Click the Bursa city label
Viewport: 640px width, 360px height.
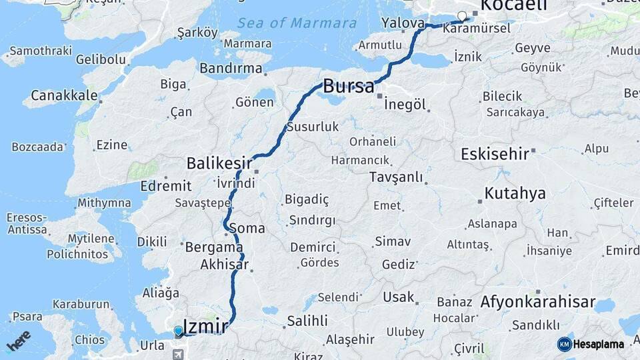(349, 86)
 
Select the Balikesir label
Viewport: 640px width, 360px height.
(219, 163)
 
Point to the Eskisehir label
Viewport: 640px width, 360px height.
(495, 154)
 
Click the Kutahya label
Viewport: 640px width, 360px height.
(515, 193)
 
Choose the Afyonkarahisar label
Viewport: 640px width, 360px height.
(538, 302)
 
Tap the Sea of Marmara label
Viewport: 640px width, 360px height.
(297, 23)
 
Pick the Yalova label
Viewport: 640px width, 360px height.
(403, 23)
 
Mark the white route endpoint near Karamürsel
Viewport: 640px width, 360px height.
(462, 16)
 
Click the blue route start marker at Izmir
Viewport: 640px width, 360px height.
(178, 331)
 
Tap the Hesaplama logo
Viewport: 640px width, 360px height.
(591, 344)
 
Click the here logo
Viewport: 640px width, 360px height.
(19, 340)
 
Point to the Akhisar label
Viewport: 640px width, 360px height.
(224, 265)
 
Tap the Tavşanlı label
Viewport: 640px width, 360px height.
(397, 177)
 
